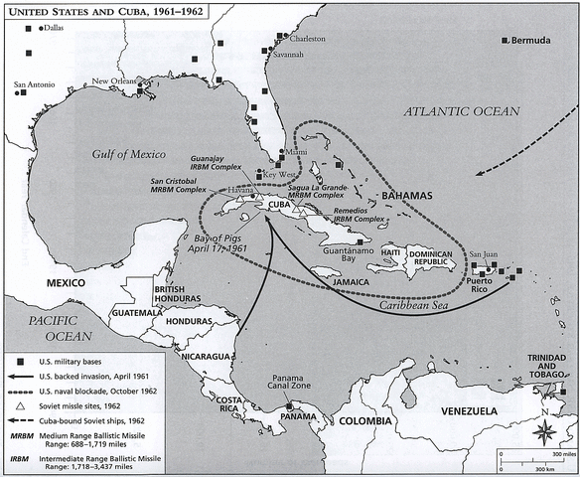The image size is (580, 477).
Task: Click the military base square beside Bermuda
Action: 505,39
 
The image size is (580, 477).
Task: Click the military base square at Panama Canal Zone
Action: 288,405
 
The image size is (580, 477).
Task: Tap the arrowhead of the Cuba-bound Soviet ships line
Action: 477,174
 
